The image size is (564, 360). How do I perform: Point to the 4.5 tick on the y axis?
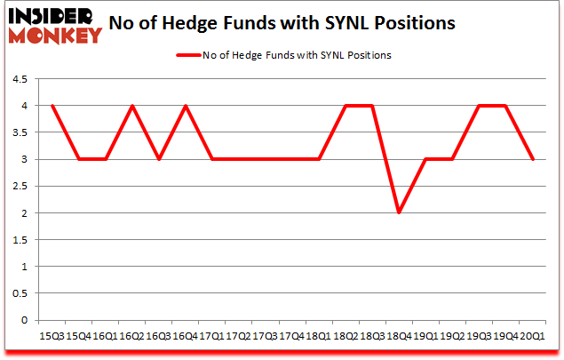pos(20,79)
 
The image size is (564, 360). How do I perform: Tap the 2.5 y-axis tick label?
pos(20,187)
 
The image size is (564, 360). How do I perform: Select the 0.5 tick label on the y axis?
pos(20,294)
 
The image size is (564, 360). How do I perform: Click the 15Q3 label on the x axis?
pos(52,336)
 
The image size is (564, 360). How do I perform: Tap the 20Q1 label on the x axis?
pos(532,336)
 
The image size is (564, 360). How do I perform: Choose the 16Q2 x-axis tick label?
pos(132,336)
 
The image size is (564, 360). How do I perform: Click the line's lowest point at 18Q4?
pos(399,213)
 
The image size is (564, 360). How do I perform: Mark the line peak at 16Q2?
pos(132,106)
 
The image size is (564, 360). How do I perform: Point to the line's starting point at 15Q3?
pos(52,106)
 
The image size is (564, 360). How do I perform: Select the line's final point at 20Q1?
pos(532,159)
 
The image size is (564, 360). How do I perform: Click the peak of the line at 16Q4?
pos(186,106)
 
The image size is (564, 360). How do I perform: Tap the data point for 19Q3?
pos(479,106)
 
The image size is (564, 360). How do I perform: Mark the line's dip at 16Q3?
pos(159,159)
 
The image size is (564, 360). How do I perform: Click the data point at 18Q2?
pos(346,106)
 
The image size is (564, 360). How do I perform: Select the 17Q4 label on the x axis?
pos(292,336)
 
